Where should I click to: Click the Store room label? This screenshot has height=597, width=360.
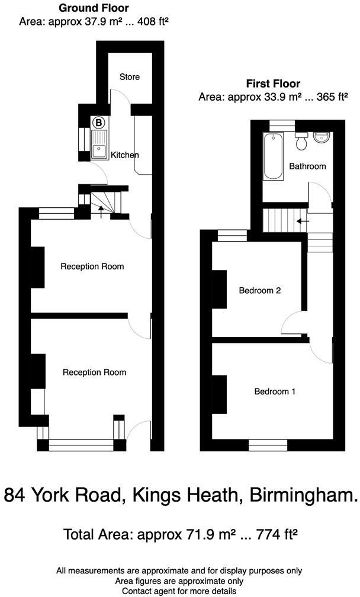click(129, 77)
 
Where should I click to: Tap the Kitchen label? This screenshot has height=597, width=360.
click(125, 155)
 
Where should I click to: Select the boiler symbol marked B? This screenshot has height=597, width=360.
click(99, 123)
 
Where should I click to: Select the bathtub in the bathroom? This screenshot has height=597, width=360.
click(273, 156)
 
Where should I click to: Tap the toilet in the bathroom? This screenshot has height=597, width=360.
click(301, 141)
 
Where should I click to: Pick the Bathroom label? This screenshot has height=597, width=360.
click(307, 166)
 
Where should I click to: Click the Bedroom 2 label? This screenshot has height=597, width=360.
click(259, 291)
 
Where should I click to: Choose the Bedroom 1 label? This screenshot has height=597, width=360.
click(275, 391)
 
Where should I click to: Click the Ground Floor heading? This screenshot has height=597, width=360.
click(94, 8)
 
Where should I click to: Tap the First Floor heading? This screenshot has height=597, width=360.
click(273, 84)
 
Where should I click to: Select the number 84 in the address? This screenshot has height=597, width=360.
click(17, 496)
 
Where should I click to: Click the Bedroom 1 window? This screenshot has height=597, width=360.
click(268, 442)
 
